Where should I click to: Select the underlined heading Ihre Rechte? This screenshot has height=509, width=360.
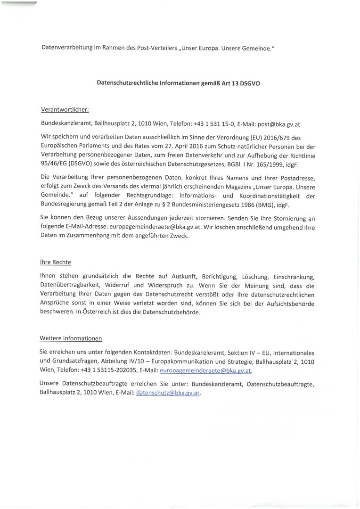pyautogui.click(x=56, y=262)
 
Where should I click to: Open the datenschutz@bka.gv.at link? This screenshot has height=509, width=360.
pyautogui.click(x=168, y=392)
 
